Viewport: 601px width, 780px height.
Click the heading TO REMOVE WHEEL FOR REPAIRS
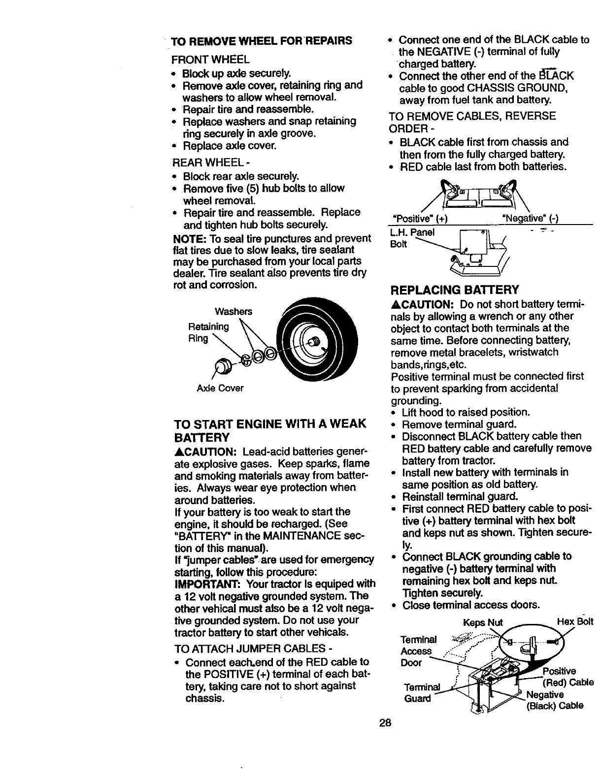coord(261,40)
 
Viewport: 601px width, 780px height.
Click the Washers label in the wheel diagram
coord(234,311)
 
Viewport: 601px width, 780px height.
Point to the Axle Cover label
coord(220,388)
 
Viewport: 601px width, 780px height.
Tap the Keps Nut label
coord(483,621)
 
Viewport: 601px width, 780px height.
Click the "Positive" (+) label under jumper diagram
coord(420,218)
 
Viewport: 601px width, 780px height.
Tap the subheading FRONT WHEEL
coord(210,60)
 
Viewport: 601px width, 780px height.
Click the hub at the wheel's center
coord(312,339)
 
